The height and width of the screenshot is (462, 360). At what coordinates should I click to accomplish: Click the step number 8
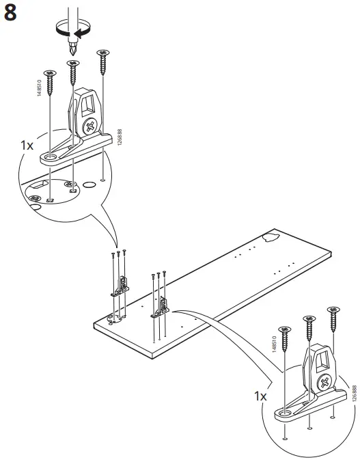click(x=12, y=14)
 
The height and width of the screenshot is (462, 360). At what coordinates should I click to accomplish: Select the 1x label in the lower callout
click(x=260, y=396)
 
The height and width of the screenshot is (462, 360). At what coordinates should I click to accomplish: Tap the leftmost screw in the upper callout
click(x=50, y=76)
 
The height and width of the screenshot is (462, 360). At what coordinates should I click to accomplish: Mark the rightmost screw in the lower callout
click(x=334, y=316)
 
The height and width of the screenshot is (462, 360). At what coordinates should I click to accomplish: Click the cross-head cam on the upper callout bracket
click(x=91, y=126)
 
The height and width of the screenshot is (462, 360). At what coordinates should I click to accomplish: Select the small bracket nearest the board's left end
click(x=122, y=285)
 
